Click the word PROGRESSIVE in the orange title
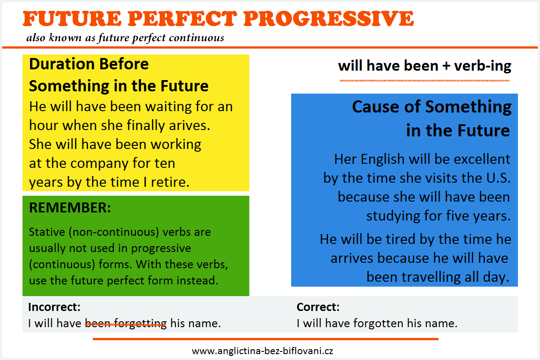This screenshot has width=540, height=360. point(328,18)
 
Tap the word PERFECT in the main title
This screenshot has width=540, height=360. point(182,18)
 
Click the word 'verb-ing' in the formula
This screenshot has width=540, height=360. point(482,66)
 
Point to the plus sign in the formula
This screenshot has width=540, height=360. point(446,66)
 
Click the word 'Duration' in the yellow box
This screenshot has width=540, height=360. point(62,64)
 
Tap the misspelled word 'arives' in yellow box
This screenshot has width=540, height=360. point(189,126)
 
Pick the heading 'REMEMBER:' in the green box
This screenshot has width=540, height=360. point(70,207)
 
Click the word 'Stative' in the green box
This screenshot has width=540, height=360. point(47,232)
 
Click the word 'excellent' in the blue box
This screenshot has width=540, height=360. point(481,159)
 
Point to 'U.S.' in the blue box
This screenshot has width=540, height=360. point(498,178)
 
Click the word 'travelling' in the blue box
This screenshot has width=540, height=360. point(431,277)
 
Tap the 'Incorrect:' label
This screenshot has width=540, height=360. point(54,307)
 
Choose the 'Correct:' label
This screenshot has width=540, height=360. point(318,307)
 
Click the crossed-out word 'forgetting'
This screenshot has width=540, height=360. point(140,324)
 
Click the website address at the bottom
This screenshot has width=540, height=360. point(262,351)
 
